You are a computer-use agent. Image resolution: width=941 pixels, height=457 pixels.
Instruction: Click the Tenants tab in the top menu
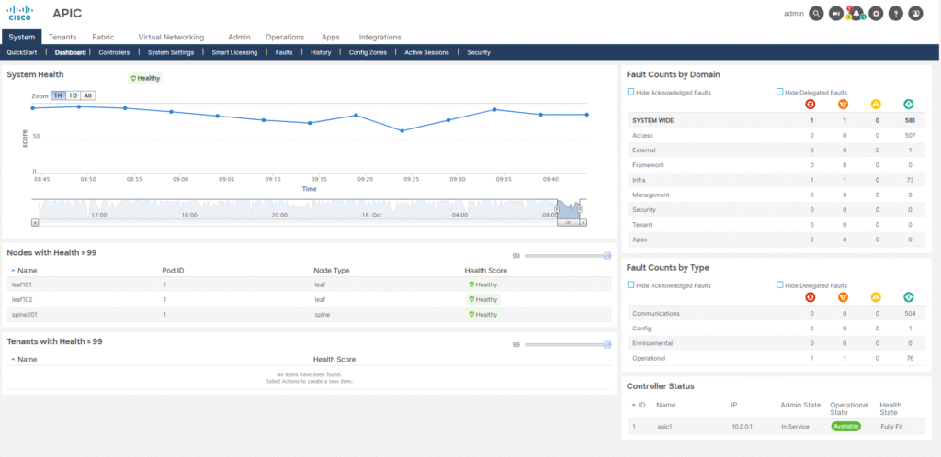(62, 37)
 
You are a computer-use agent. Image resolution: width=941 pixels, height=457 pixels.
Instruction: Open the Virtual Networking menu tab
(171, 37)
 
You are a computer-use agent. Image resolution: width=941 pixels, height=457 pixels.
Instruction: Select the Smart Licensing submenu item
(234, 52)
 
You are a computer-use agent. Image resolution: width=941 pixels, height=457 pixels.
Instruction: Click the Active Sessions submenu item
(426, 52)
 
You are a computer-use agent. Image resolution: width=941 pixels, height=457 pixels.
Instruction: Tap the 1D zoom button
(73, 95)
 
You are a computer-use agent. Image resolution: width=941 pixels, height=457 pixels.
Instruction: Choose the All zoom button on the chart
(87, 95)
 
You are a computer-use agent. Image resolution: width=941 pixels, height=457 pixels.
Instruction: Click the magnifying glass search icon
(816, 14)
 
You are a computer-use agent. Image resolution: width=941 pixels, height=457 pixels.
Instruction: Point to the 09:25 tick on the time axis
(411, 179)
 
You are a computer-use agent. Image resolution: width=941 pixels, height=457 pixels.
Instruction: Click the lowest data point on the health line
(402, 130)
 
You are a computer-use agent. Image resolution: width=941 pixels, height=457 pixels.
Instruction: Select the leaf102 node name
(22, 299)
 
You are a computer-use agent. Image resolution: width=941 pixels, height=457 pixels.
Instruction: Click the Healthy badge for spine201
(483, 314)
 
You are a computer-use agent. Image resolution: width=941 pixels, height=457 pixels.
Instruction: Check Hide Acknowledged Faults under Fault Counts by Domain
(630, 92)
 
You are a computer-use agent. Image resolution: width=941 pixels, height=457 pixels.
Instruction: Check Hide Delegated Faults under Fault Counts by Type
(780, 285)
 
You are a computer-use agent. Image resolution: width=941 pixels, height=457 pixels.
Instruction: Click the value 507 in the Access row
(908, 135)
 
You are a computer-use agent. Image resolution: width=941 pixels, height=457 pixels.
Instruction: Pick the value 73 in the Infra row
(909, 180)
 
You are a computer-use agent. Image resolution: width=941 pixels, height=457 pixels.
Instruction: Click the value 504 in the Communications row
(908, 313)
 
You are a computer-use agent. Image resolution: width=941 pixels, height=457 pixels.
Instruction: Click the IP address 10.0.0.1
(743, 427)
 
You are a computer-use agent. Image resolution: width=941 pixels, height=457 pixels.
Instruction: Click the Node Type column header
(332, 270)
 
